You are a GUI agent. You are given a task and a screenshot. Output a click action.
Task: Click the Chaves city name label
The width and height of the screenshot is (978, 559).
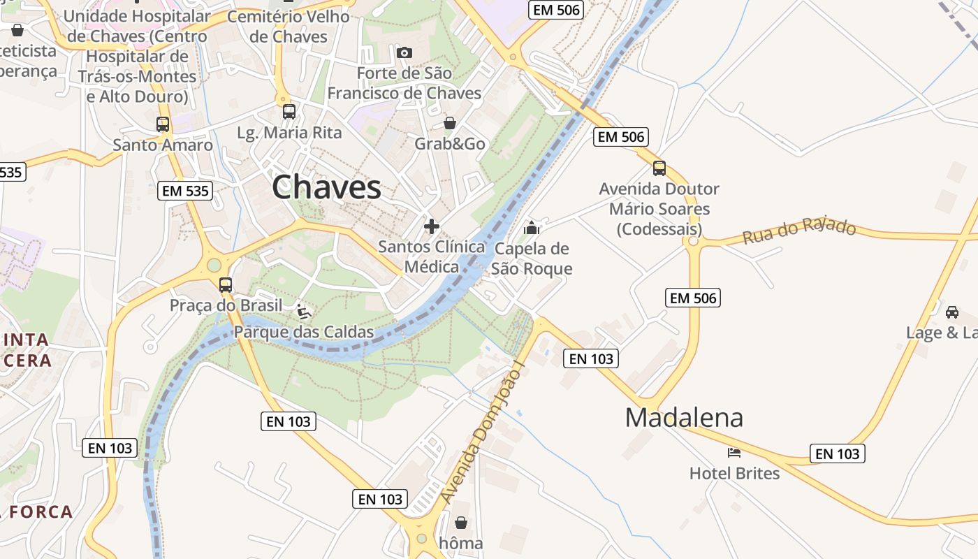326,187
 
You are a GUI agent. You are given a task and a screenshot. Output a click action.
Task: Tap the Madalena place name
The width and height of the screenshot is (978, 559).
684,417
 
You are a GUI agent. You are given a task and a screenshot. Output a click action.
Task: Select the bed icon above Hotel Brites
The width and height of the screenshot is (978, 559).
733,453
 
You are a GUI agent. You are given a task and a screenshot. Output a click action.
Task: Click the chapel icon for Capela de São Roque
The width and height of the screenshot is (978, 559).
532,228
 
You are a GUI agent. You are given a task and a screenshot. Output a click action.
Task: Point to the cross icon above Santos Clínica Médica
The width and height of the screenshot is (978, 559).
432,226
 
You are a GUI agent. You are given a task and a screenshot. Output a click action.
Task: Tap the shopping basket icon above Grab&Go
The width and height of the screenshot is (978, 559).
450,123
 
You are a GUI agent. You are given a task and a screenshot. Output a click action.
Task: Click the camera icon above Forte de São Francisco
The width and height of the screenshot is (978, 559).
404,52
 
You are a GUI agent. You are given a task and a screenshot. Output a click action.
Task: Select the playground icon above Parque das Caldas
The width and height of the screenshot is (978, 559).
304,311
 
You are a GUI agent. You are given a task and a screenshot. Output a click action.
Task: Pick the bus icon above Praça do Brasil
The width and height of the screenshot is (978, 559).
225,285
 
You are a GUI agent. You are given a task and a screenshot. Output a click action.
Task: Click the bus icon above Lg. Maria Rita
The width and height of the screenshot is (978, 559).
289,112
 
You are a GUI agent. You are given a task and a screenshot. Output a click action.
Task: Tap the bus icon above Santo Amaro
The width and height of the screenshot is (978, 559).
163,124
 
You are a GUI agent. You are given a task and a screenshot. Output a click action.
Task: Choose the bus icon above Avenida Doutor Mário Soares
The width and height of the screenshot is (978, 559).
659,168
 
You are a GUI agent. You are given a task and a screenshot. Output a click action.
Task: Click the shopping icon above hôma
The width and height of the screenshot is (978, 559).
461,522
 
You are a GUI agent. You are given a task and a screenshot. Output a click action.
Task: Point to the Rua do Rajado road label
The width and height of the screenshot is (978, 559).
799,231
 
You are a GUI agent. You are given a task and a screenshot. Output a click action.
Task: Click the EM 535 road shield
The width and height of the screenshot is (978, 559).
184,191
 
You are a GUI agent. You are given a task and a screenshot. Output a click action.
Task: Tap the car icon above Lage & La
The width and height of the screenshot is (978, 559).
951,312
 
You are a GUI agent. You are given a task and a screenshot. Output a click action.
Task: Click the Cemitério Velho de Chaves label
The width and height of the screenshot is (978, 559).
288,27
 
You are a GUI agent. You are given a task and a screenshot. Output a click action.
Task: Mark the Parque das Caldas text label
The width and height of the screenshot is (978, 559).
304,332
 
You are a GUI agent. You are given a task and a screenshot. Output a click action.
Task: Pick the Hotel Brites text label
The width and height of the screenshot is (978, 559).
734,473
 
